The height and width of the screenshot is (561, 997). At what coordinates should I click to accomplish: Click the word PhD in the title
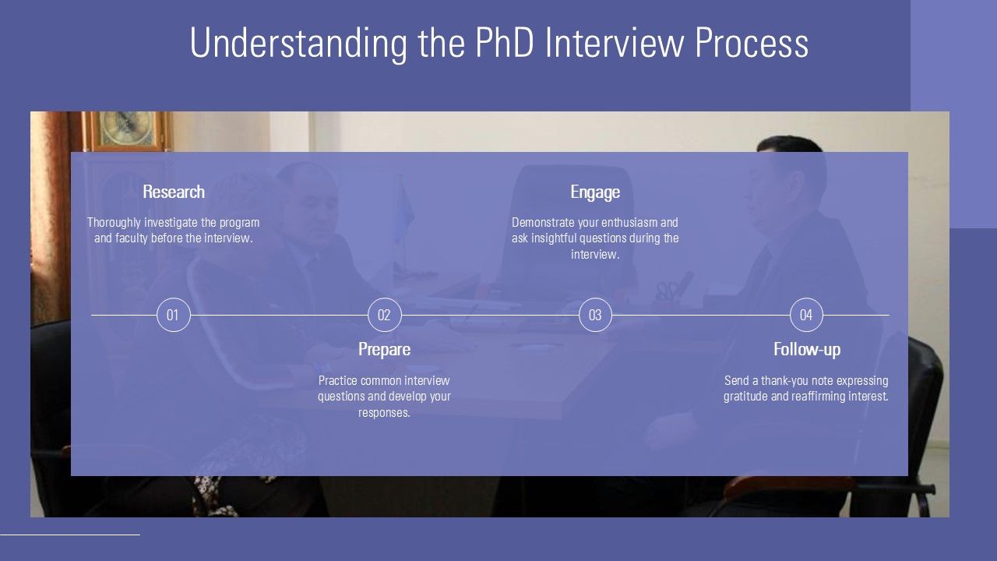tap(505, 43)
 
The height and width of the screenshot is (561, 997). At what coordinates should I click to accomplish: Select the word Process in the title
tap(752, 43)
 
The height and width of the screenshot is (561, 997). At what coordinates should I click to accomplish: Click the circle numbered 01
tap(174, 315)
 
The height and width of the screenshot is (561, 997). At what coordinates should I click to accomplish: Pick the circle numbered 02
tap(385, 315)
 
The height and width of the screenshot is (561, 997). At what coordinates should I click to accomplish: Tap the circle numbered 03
tap(596, 315)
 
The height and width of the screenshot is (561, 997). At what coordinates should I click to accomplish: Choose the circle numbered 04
tap(806, 315)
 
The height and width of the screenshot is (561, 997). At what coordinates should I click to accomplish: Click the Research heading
tap(174, 192)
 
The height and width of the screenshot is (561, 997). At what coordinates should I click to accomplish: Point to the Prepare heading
tap(385, 350)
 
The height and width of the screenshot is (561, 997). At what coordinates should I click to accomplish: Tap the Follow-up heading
tap(807, 350)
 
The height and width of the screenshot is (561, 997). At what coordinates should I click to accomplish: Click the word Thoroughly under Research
tap(114, 223)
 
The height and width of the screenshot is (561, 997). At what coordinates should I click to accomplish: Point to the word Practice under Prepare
tap(338, 381)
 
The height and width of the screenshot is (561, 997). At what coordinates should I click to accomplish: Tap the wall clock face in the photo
tap(126, 128)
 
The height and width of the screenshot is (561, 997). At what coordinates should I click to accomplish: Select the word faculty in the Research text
tap(132, 238)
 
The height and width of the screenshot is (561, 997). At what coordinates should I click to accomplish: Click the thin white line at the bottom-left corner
tap(70, 535)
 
